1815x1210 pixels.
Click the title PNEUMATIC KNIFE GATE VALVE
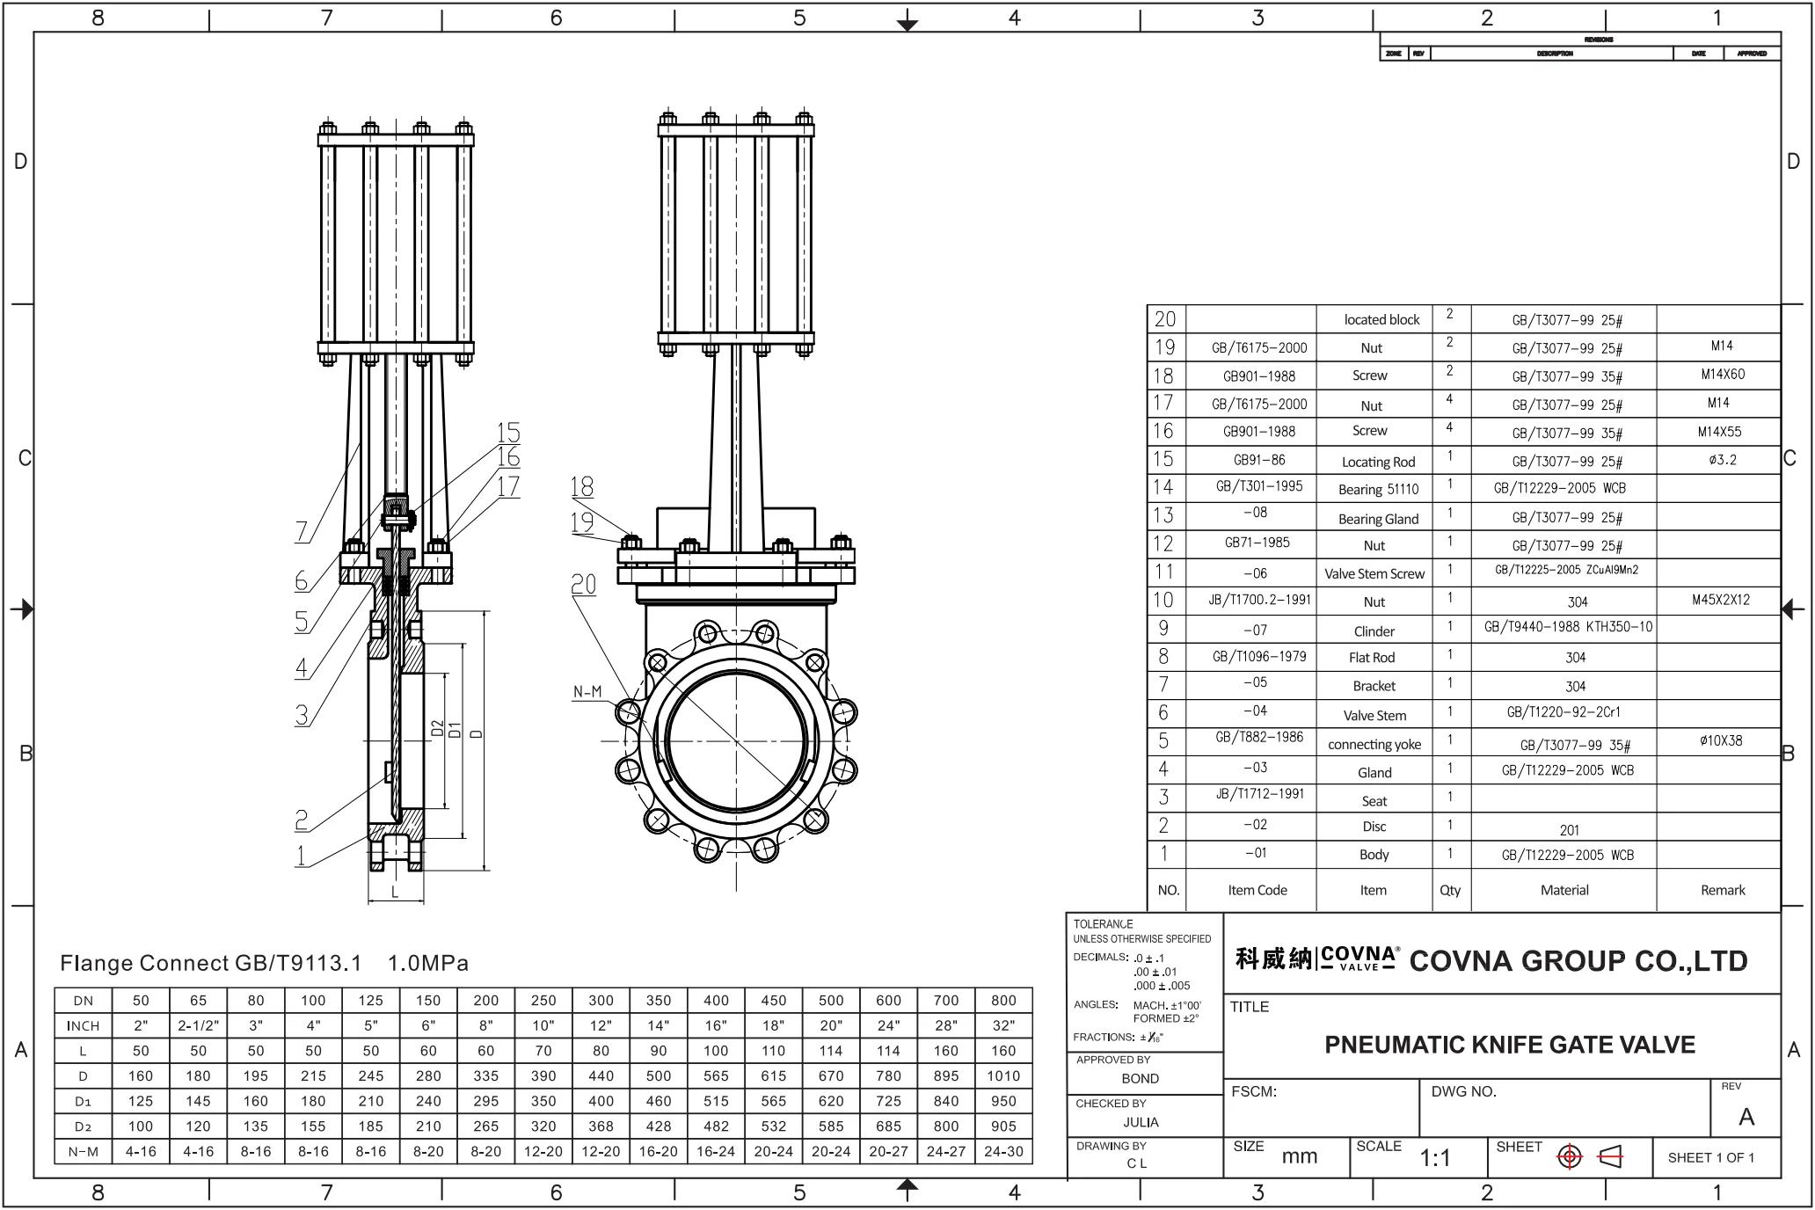coord(1509,1045)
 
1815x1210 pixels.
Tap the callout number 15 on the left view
coord(508,433)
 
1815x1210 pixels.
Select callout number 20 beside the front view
coord(584,585)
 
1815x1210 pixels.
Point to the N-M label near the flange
coord(587,692)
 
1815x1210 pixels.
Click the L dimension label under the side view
coord(395,892)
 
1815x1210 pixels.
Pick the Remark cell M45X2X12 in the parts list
coord(1720,600)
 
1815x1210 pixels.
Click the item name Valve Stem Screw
coord(1374,574)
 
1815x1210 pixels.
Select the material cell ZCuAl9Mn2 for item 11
coord(1566,570)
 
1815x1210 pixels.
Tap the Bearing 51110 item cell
coord(1378,489)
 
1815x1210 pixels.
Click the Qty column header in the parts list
coord(1450,890)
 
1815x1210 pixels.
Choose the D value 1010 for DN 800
coord(1002,1075)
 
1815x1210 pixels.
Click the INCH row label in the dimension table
coord(84,1025)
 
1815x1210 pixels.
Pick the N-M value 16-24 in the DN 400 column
coord(716,1151)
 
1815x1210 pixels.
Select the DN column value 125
coord(370,1001)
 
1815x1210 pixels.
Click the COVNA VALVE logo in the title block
coord(1358,958)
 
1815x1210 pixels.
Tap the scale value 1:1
coord(1435,1158)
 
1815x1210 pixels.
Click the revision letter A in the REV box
coord(1746,1117)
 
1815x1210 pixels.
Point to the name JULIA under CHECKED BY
coord(1141,1122)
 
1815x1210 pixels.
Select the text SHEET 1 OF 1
coord(1710,1157)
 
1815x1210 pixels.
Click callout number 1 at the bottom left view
coord(301,855)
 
